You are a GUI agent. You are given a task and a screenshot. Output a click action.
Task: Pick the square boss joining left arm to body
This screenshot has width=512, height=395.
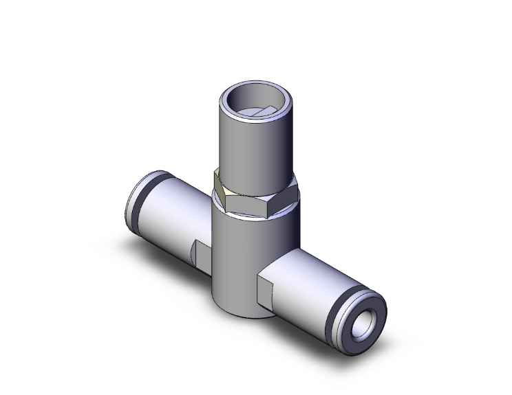point(201,255)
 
